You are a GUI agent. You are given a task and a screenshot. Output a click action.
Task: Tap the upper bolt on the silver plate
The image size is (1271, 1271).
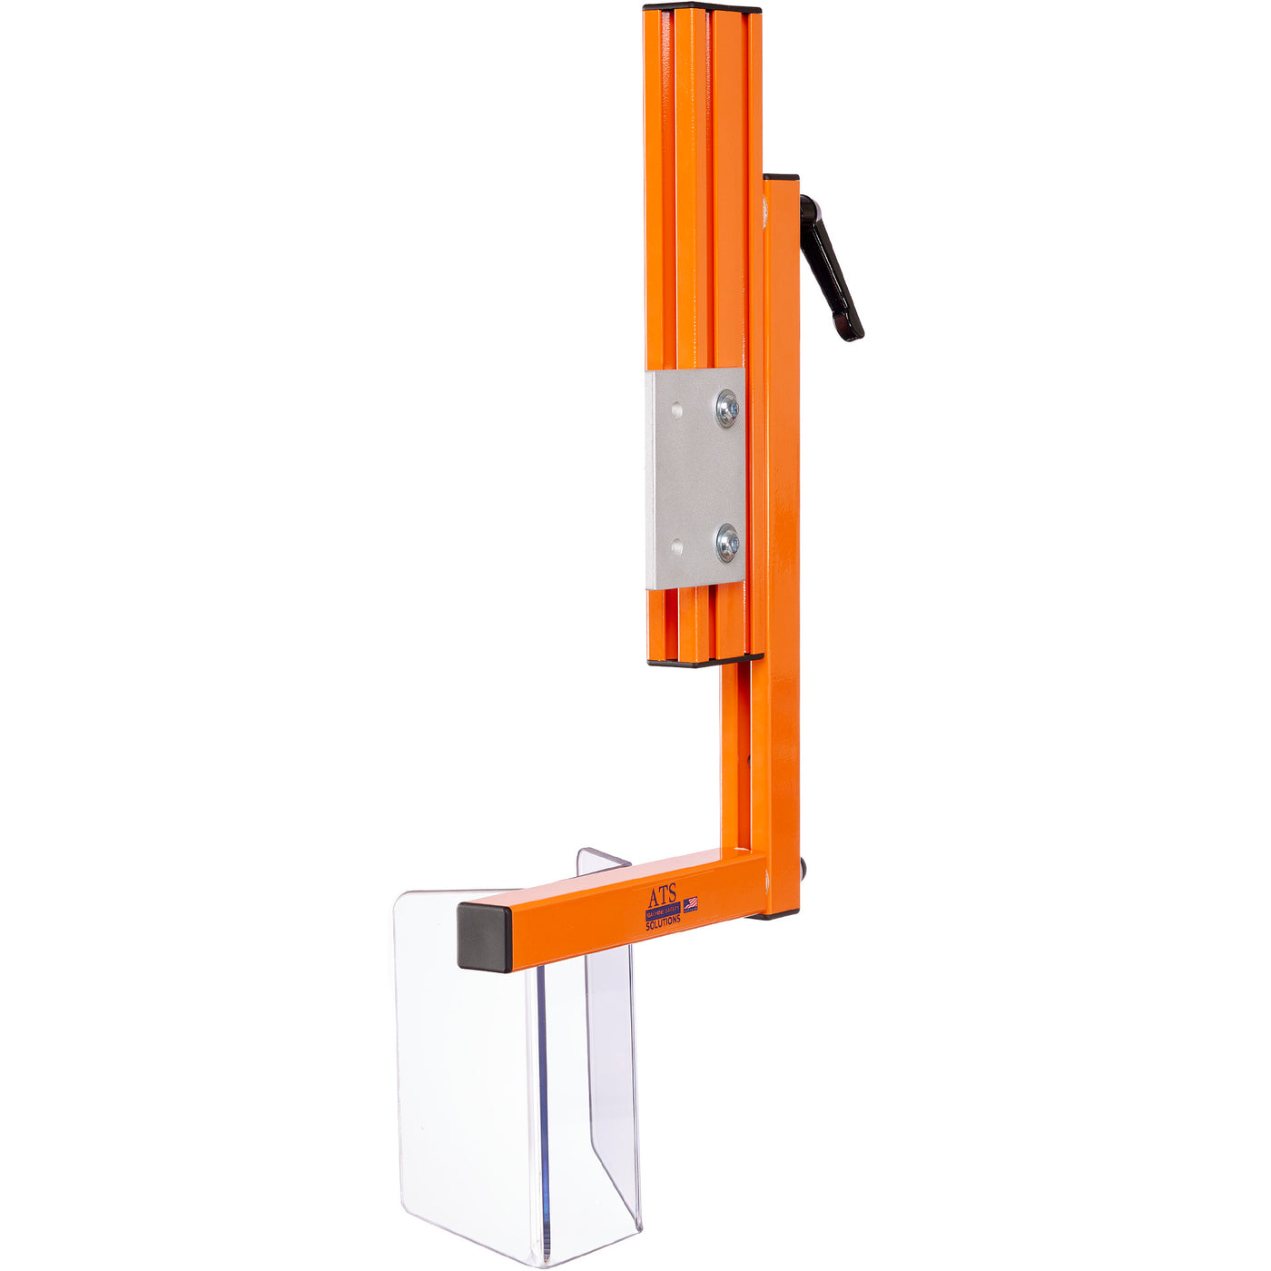point(727,408)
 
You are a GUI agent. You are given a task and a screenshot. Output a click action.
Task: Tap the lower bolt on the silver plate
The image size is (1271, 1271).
point(727,543)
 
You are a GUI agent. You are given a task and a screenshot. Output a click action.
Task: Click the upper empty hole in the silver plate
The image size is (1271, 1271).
point(675,410)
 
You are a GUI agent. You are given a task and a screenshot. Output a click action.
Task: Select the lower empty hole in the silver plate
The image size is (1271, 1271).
point(675,546)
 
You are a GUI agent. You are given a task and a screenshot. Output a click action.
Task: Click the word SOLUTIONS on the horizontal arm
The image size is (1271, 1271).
point(663,921)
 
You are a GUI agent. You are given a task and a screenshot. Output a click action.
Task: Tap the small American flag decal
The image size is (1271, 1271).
point(691,903)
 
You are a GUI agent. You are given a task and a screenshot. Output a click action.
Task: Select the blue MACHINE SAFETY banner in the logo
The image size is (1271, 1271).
point(663,911)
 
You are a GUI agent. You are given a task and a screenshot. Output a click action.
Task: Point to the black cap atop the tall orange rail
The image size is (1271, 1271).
point(702,9)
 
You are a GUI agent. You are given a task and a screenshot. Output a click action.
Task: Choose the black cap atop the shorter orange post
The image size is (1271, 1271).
point(781,177)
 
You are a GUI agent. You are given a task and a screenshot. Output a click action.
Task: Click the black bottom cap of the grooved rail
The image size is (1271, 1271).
point(704,660)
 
